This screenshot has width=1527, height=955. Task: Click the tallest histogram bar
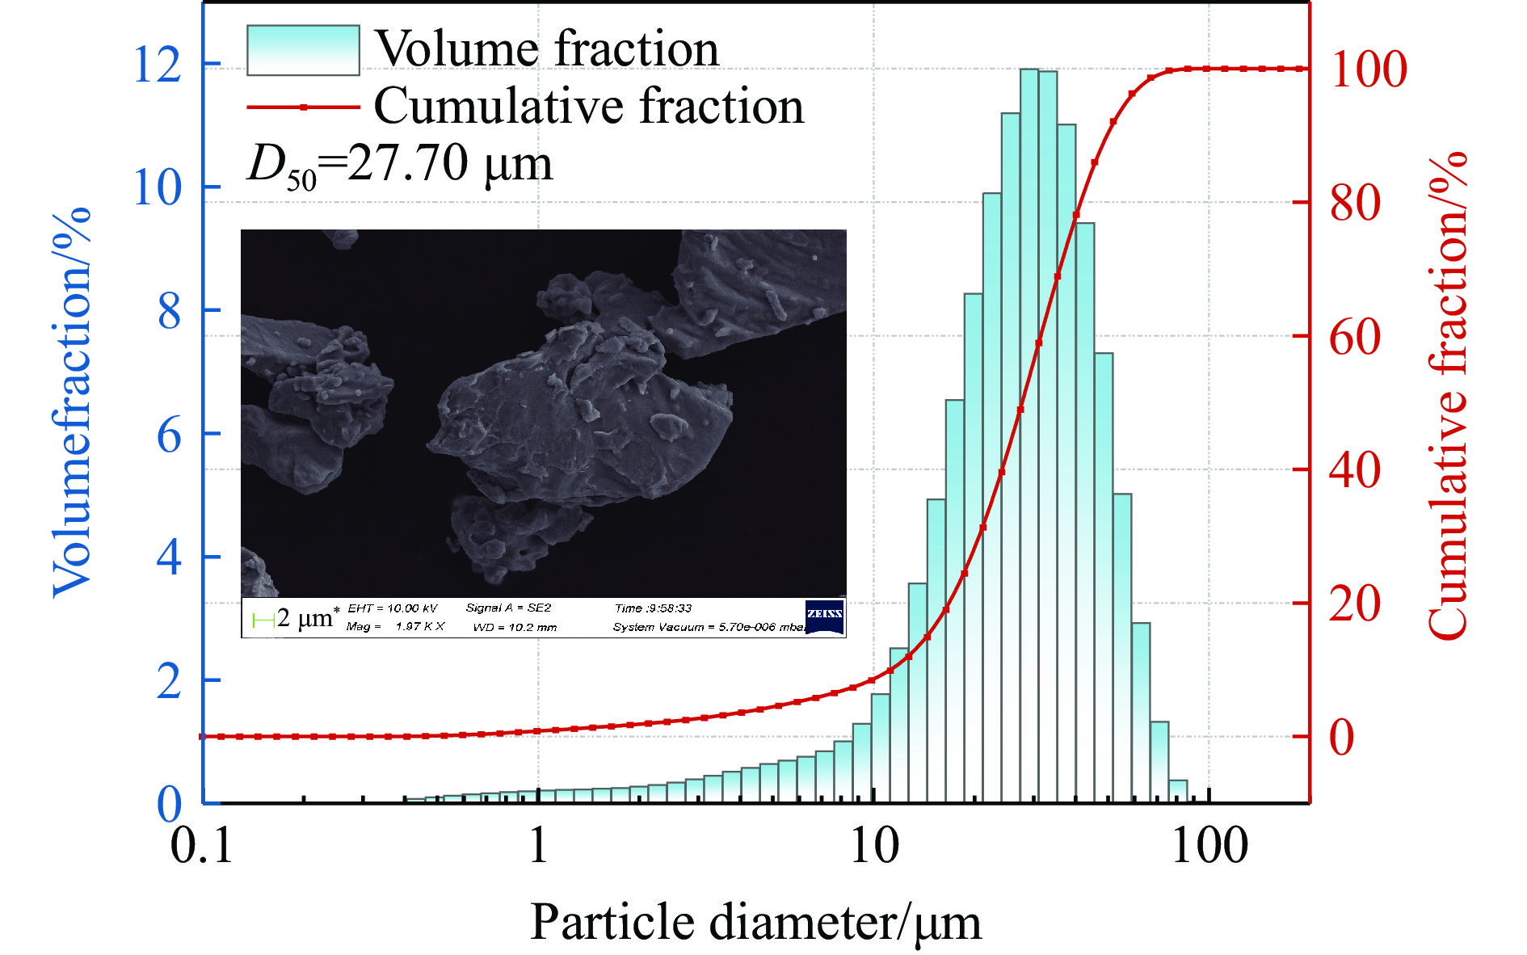coord(1029,436)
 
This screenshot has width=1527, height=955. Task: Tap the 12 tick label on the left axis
coord(158,65)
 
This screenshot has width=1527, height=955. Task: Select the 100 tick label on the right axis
coord(1369,69)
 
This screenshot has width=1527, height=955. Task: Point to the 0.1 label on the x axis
coord(201,847)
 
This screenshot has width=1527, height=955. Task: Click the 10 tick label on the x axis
coord(874,847)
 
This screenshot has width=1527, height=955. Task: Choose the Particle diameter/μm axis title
coord(755,922)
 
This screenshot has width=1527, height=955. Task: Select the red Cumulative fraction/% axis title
coord(1447,396)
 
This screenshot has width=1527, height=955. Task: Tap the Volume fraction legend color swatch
coord(303,50)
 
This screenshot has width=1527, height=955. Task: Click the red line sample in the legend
coord(303,107)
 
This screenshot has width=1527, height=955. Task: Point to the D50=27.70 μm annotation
coord(400,165)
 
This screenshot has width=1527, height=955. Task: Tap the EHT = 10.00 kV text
coord(392,608)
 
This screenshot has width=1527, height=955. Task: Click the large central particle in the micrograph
coord(582,412)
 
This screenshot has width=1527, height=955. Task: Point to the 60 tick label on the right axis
coord(1355,337)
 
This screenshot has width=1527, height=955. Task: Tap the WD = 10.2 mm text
coord(515,627)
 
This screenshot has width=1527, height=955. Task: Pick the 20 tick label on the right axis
coord(1355,604)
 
